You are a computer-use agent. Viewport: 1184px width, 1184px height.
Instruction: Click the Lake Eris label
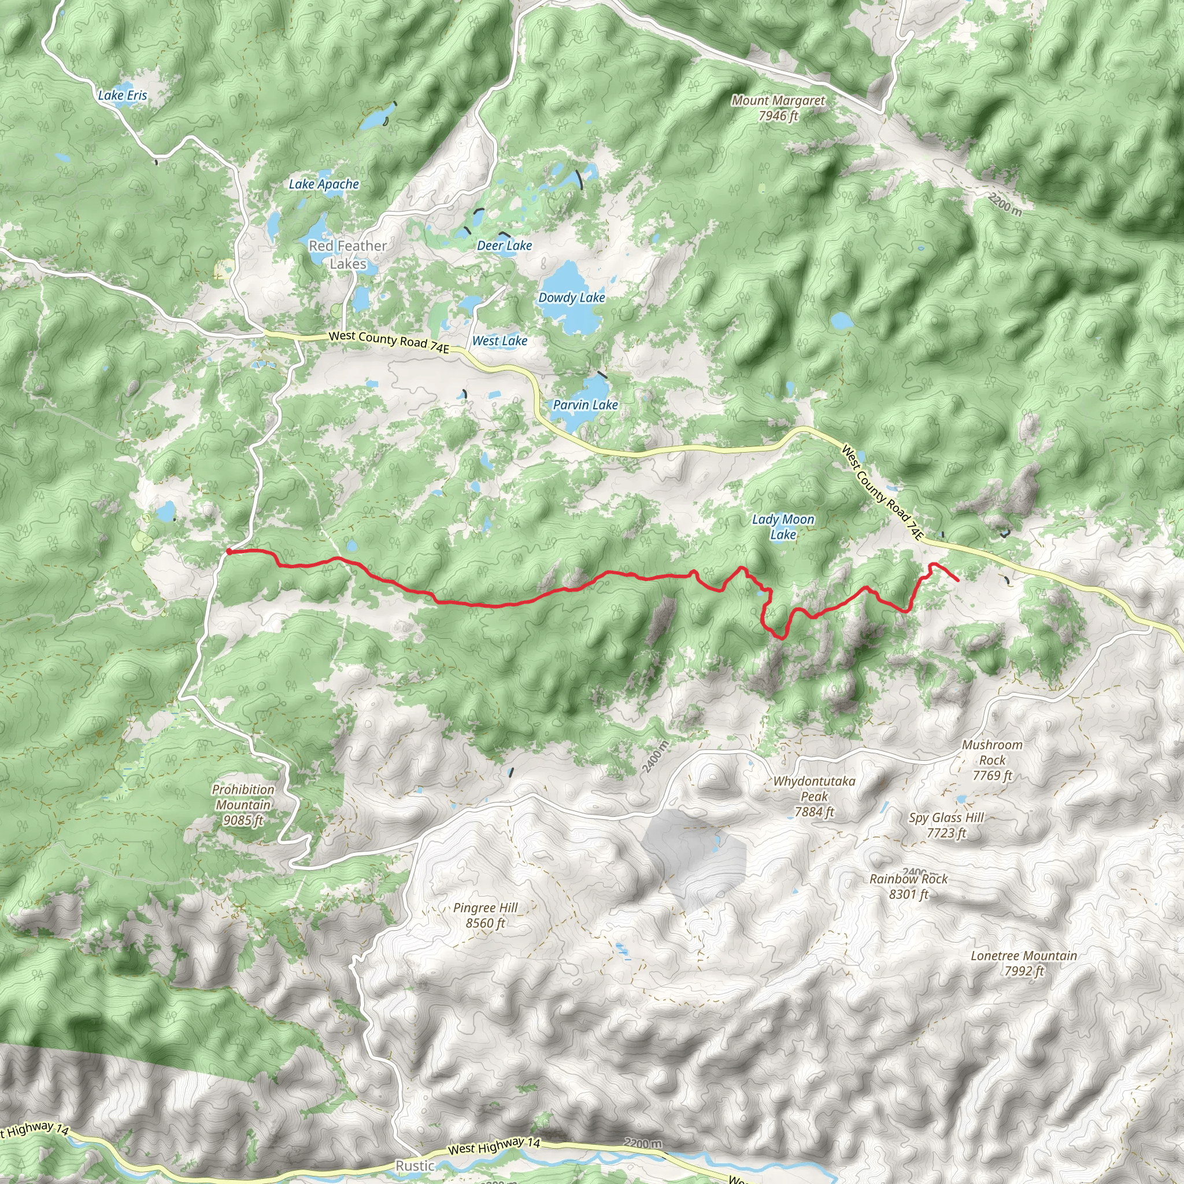123,95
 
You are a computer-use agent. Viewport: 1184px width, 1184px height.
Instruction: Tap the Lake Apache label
324,184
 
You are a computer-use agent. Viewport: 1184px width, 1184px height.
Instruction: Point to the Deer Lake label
504,246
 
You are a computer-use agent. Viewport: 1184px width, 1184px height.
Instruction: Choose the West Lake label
499,341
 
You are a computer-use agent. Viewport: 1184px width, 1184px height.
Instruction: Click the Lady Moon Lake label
783,527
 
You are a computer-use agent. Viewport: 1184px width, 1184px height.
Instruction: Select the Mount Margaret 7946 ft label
778,108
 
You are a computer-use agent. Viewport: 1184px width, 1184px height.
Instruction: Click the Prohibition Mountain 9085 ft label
243,805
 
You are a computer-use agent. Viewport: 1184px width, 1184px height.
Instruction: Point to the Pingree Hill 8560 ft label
486,916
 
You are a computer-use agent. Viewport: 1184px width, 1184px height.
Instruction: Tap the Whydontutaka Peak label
814,796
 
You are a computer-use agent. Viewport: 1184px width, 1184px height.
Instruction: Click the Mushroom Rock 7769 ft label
992,760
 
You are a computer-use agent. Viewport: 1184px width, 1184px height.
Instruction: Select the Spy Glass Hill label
946,825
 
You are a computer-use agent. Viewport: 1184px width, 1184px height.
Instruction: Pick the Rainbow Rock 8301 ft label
908,886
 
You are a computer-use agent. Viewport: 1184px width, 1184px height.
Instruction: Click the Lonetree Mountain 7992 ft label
1023,963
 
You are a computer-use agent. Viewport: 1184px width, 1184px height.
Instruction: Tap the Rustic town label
415,1165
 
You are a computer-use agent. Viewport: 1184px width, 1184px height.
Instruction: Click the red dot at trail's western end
228,552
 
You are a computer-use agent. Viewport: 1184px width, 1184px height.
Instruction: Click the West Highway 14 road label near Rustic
494,1146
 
